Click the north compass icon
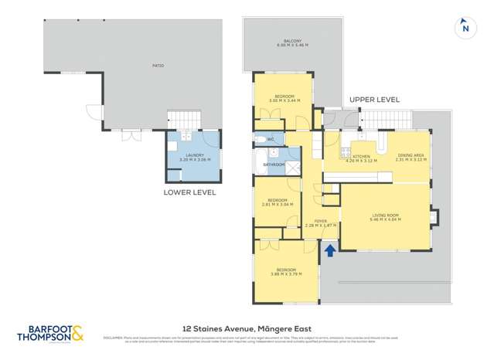click(465, 27)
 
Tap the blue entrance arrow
click(330, 250)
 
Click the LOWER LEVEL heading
click(189, 192)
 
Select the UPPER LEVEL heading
click(374, 100)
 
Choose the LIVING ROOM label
click(384, 217)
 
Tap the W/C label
click(260, 139)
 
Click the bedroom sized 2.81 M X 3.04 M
click(275, 203)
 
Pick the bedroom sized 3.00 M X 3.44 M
click(284, 99)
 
